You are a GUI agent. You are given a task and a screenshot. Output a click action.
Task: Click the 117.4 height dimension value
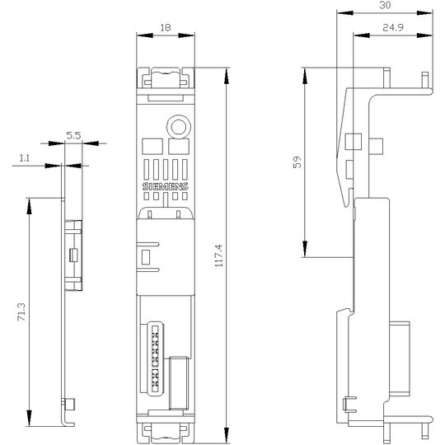pos(219,255)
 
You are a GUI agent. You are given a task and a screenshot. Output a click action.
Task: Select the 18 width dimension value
pos(166,27)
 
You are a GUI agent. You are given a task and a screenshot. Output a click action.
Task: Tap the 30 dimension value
pos(385,5)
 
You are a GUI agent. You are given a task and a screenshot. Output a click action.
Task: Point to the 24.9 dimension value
pos(393,27)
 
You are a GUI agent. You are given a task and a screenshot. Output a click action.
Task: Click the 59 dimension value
pos(297,162)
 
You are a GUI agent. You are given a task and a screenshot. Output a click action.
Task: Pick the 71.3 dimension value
pos(21,311)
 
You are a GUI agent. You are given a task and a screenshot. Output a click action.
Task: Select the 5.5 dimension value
pos(73,136)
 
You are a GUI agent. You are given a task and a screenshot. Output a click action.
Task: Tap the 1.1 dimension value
pos(25,158)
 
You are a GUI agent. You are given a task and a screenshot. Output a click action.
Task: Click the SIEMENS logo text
pos(165,186)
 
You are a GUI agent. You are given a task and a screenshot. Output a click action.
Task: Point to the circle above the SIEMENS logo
pos(179,127)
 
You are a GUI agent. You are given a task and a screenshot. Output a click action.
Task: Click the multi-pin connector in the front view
pos(155,358)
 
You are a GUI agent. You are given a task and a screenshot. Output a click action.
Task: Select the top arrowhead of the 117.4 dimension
pos(226,76)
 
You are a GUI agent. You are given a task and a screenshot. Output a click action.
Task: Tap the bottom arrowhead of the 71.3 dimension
pos(29,418)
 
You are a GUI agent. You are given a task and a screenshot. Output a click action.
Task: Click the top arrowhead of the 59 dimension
pos(305,76)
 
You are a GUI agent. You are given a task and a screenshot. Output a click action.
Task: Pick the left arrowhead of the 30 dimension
pos(344,13)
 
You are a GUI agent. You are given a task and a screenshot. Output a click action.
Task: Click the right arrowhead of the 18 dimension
pos(186,35)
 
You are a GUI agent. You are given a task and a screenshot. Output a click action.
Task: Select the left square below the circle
pos(152,147)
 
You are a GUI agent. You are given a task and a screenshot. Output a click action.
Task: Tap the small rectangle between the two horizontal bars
pos(146,257)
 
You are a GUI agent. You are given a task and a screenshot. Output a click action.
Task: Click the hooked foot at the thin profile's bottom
pos(68,423)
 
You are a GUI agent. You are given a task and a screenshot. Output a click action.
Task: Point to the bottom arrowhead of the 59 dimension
pos(305,249)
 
